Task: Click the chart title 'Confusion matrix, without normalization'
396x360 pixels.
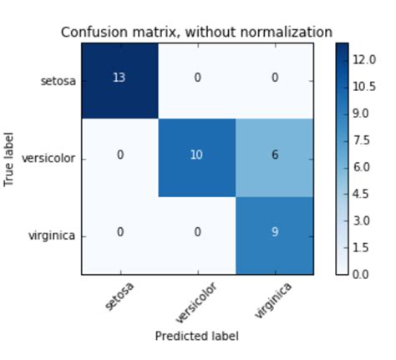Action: click(197, 33)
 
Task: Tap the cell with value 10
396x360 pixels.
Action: click(197, 156)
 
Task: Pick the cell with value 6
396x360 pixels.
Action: click(275, 156)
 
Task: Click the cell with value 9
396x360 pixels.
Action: click(275, 233)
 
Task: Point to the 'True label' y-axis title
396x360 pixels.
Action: click(11, 156)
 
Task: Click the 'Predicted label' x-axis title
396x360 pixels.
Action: click(197, 335)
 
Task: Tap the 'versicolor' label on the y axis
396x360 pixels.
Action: click(50, 158)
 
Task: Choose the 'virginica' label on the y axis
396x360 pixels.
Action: click(53, 236)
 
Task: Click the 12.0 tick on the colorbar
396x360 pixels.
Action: click(363, 60)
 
